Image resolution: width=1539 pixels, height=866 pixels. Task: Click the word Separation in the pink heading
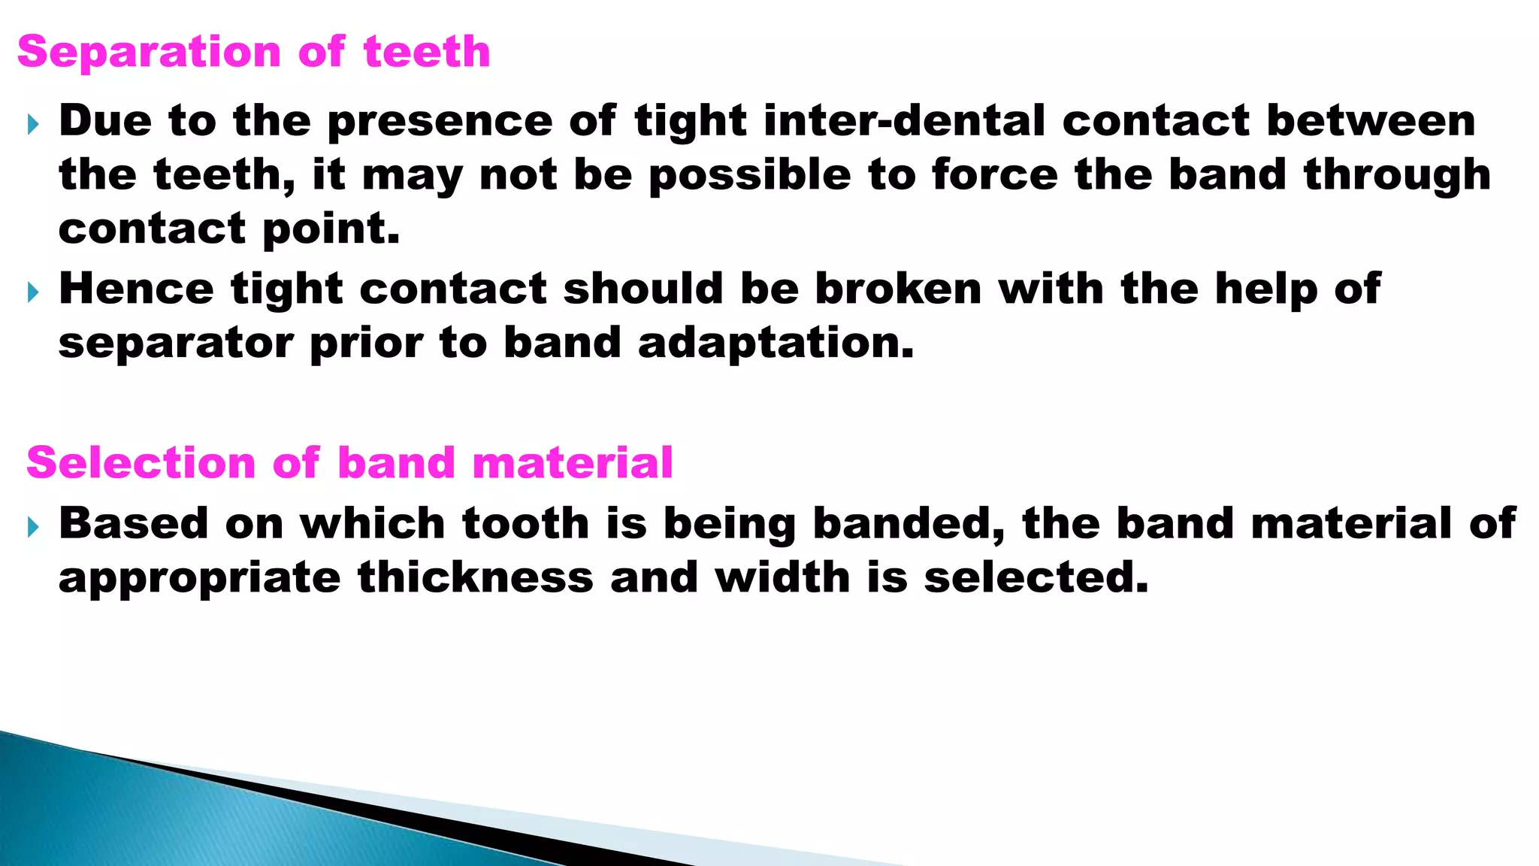[149, 53]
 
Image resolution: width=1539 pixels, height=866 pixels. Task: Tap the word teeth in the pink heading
[427, 53]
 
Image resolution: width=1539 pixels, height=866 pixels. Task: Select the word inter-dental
[904, 121]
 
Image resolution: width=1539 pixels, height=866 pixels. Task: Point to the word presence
[440, 123]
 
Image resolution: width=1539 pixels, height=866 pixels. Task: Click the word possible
[749, 176]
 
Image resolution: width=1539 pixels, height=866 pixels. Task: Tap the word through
[1397, 176]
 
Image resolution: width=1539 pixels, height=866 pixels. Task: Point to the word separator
[176, 344]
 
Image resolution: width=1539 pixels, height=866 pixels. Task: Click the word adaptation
[776, 344]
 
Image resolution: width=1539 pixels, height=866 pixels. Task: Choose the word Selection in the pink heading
[141, 463]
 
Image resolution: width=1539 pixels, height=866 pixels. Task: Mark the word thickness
[475, 578]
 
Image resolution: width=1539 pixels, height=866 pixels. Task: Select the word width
[782, 578]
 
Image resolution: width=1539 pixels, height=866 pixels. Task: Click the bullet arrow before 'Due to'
[32, 124]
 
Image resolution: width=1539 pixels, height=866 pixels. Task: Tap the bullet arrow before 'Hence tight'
[32, 292]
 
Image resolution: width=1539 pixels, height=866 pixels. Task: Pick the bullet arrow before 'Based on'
[32, 527]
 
